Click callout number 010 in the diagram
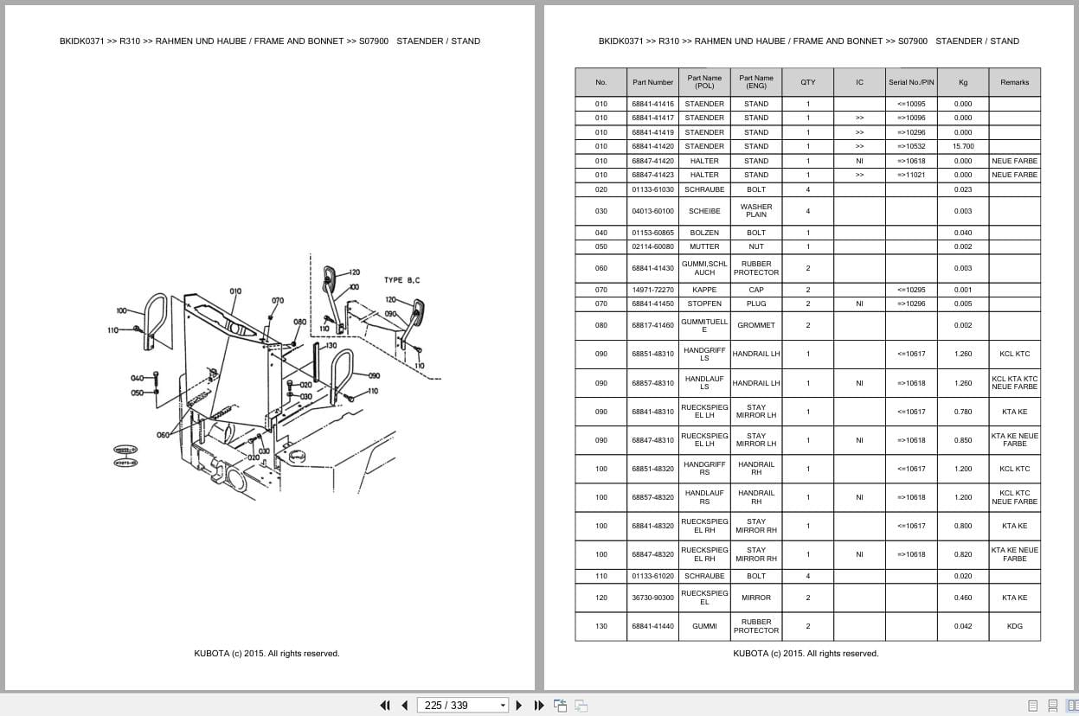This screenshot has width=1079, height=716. (235, 291)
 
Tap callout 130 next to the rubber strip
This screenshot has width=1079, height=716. (331, 345)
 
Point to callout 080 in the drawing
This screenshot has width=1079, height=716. (299, 322)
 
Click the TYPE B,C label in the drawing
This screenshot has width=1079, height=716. (402, 280)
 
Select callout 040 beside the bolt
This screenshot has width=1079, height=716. (137, 378)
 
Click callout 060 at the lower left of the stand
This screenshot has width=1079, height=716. (163, 435)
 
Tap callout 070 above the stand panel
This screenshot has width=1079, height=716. (277, 301)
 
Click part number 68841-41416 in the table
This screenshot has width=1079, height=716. (652, 104)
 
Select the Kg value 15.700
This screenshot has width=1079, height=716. (962, 146)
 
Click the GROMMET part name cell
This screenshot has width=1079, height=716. (756, 325)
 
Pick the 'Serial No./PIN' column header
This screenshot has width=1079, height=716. (911, 82)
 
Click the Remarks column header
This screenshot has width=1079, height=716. (1014, 82)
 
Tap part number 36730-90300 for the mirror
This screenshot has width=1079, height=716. (652, 598)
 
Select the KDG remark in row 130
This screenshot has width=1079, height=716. (1014, 626)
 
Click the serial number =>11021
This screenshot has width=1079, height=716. (911, 175)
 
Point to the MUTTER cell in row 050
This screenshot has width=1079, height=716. (704, 246)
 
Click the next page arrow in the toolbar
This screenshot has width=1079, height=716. (519, 705)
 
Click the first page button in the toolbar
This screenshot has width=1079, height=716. (385, 705)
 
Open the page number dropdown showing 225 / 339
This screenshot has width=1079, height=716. (503, 705)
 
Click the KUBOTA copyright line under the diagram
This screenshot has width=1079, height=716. (267, 654)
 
